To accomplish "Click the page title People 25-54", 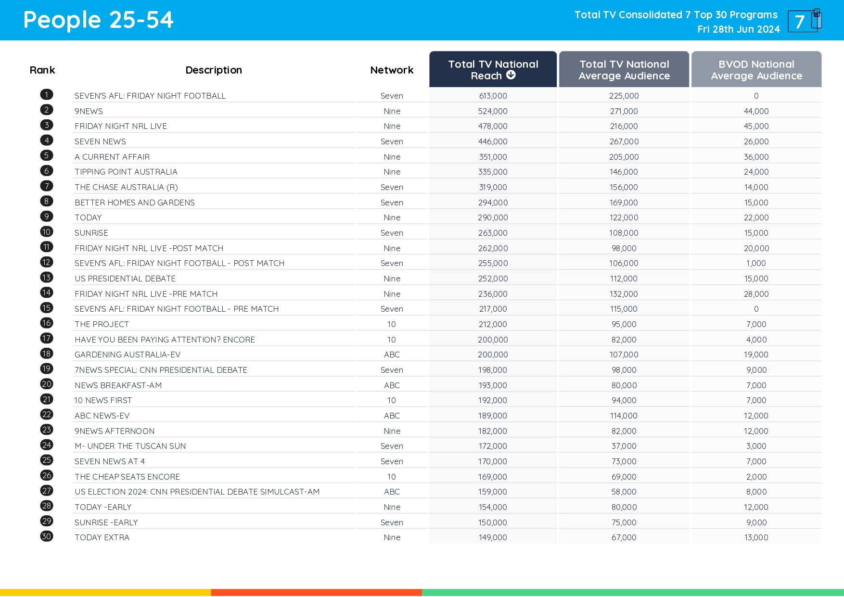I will (x=98, y=20).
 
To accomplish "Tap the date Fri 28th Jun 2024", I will (x=738, y=29).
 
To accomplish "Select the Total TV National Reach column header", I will (x=493, y=69).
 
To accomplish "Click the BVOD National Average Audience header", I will (x=756, y=70).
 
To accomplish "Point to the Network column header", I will (x=392, y=70).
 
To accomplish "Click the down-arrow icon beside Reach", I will (x=511, y=75).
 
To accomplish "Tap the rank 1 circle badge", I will (x=47, y=95).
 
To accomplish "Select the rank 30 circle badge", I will (x=47, y=536).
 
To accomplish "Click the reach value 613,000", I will (x=493, y=96).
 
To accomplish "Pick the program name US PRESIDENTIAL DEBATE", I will (x=125, y=279).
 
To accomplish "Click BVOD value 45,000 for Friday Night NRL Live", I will (x=756, y=126).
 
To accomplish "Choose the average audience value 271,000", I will (x=624, y=111).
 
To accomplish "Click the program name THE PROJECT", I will (x=102, y=324).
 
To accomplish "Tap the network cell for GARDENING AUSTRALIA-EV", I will (x=392, y=355).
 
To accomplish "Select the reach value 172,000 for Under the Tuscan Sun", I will (x=493, y=446).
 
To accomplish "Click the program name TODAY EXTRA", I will (x=102, y=537).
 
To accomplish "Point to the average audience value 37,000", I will (x=624, y=446).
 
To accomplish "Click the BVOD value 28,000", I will (x=756, y=294).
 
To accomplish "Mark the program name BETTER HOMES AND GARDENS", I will (x=135, y=203).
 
